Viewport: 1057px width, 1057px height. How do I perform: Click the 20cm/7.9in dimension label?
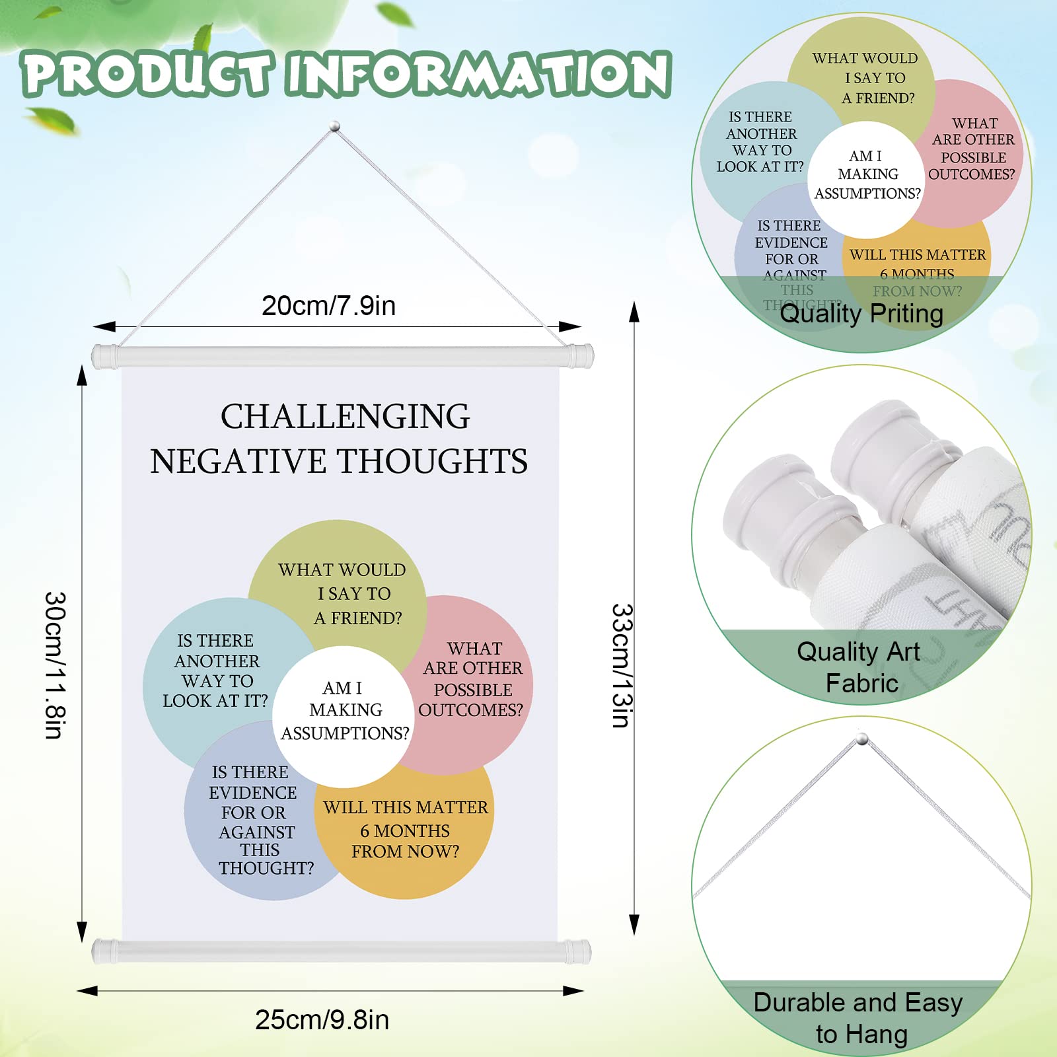[328, 306]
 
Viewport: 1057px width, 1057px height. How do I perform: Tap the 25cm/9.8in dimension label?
[322, 1020]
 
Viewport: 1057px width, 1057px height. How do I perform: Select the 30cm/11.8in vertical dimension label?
[55, 665]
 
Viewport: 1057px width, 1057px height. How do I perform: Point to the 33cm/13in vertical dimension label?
[622, 665]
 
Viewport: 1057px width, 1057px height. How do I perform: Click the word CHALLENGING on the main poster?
[345, 417]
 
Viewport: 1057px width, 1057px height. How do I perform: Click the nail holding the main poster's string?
[335, 126]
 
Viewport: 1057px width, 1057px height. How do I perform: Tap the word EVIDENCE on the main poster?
[253, 793]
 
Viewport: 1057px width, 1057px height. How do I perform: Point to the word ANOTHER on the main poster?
[217, 661]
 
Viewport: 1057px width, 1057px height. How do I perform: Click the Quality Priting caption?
[861, 314]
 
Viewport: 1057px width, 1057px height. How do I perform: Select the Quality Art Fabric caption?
[859, 667]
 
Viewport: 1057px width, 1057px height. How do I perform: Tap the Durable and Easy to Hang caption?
[859, 1018]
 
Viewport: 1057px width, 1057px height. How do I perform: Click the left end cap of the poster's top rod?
[104, 356]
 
